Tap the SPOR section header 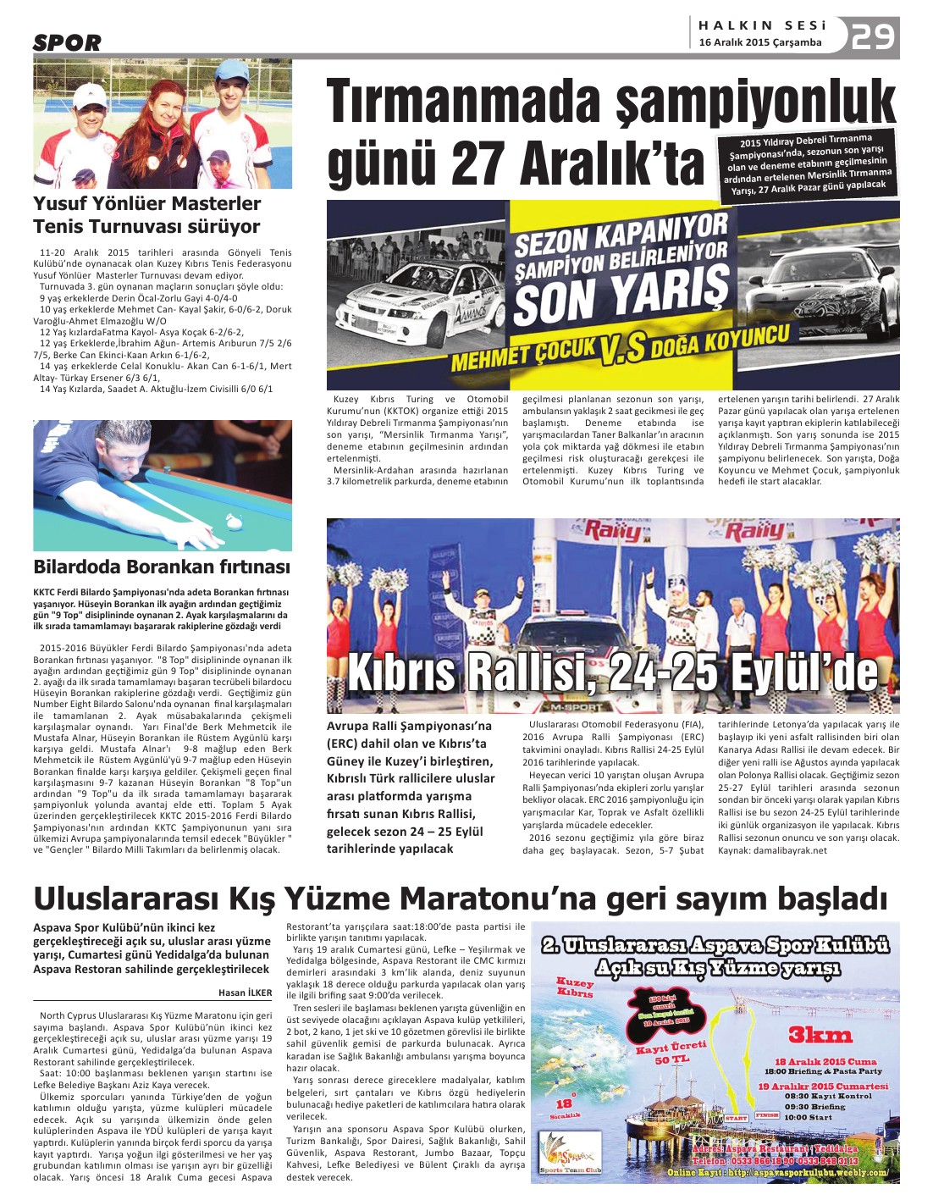pyautogui.click(x=67, y=42)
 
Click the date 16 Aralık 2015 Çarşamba pyautogui.click(x=759, y=42)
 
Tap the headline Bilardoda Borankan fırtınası pyautogui.click(x=162, y=567)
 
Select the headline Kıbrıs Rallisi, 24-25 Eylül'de pyautogui.click(x=612, y=673)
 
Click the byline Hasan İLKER pyautogui.click(x=246, y=993)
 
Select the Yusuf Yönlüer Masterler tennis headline pyautogui.click(x=146, y=215)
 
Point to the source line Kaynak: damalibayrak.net pyautogui.click(x=772, y=850)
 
